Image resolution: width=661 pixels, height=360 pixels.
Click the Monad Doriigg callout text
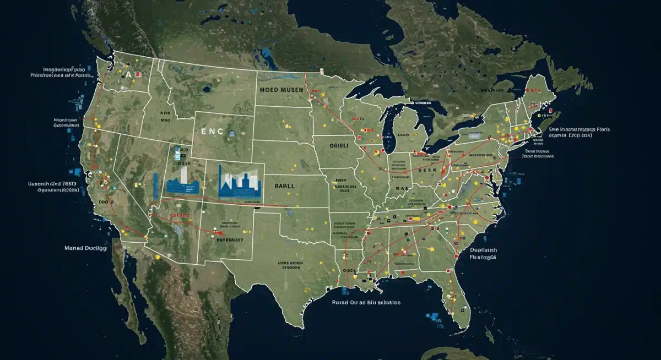(x=85, y=248)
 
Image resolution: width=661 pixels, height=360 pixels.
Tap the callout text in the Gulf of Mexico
(x=366, y=303)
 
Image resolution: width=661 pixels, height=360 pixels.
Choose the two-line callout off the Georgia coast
(x=483, y=253)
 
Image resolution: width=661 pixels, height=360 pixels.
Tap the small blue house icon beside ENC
(x=232, y=133)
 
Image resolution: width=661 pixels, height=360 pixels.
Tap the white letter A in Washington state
(x=128, y=74)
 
